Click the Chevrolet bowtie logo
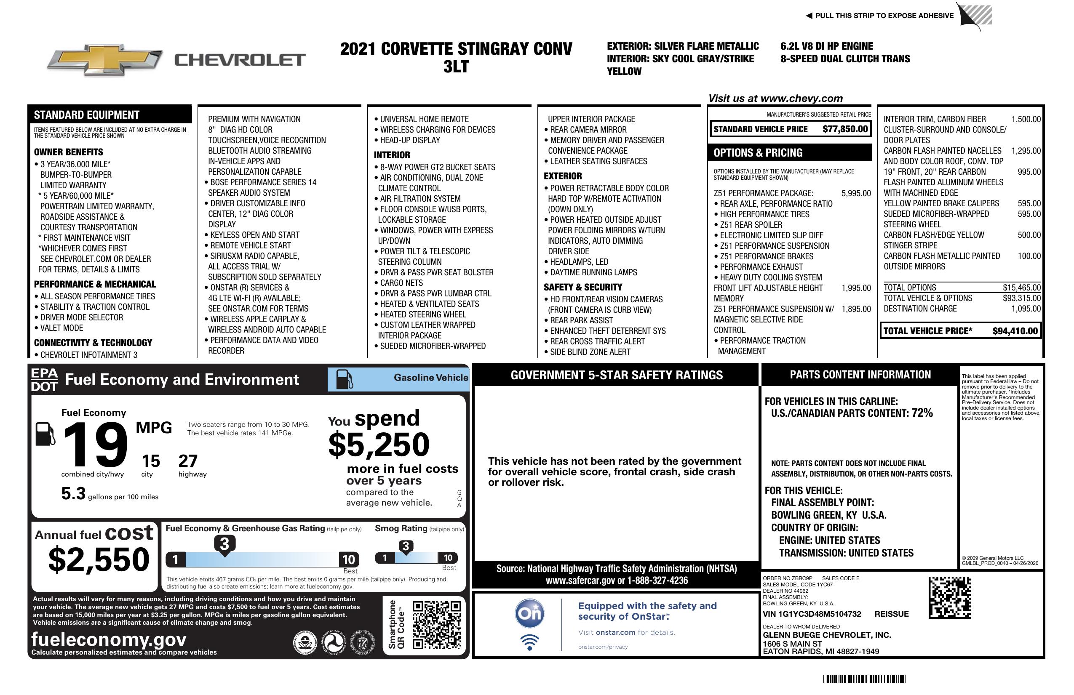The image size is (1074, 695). click(105, 59)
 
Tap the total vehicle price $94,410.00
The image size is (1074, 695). click(1015, 331)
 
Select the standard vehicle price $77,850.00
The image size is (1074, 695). click(845, 129)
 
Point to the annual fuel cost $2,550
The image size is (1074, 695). click(99, 559)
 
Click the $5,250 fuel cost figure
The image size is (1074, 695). click(379, 445)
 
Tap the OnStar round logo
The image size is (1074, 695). click(529, 613)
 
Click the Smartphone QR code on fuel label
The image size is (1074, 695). click(436, 625)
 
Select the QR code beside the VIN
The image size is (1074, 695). click(949, 598)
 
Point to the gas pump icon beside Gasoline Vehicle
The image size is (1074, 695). click(345, 379)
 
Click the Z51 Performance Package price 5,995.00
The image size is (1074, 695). click(855, 194)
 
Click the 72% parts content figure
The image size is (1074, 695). click(922, 413)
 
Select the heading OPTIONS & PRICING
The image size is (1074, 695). click(758, 153)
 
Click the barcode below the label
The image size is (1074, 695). click(864, 679)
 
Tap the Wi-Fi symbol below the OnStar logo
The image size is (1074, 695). click(529, 642)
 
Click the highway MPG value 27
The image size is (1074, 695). click(188, 461)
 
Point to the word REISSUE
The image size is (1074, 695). click(891, 614)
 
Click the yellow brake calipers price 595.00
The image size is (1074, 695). click(1029, 203)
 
